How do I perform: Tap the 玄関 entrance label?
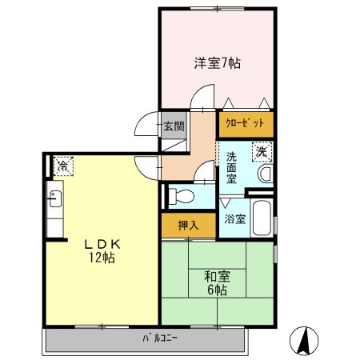pos(174,126)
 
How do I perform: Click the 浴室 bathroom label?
pos(234,218)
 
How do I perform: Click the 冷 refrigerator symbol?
pos(61,166)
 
